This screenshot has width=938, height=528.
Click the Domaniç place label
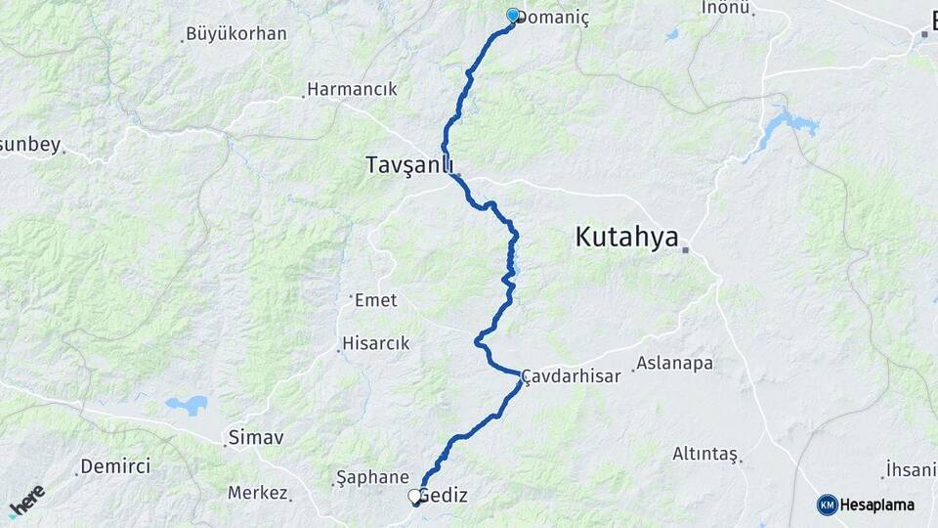tap(554, 19)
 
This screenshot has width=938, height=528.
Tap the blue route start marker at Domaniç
tap(513, 15)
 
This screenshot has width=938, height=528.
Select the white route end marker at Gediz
tap(414, 497)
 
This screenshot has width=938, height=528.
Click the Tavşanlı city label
tap(410, 163)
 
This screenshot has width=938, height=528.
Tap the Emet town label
tap(377, 300)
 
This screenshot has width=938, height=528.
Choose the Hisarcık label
tap(376, 344)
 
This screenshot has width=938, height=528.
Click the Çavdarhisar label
tap(573, 376)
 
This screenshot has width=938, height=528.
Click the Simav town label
tap(255, 437)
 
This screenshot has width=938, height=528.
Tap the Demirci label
tap(115, 466)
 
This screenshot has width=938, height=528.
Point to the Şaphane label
tap(372, 477)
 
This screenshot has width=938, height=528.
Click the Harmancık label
tap(352, 89)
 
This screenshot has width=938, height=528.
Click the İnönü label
tap(726, 8)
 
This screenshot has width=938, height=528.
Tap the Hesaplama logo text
tap(876, 506)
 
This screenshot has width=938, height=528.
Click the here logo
tap(26, 502)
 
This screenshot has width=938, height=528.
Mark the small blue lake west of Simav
tap(187, 404)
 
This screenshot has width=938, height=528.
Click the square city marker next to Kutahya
tap(686, 249)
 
